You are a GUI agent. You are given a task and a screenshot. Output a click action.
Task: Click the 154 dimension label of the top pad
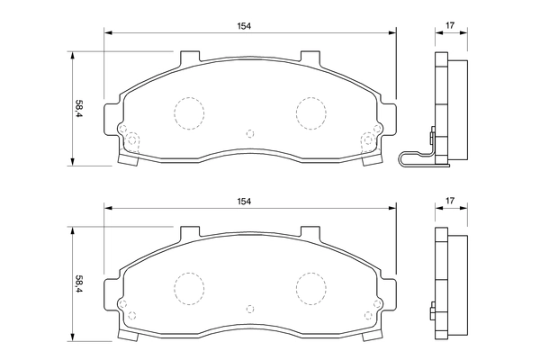tap(244, 26)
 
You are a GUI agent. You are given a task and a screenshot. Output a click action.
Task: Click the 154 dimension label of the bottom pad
tap(244, 202)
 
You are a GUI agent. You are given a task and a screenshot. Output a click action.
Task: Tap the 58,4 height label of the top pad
tap(79, 109)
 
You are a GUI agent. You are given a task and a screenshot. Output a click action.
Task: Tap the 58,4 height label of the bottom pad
tap(79, 283)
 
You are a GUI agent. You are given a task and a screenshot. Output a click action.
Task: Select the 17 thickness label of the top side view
tap(450, 25)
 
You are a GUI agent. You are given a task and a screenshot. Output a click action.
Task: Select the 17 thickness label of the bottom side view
tap(450, 201)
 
